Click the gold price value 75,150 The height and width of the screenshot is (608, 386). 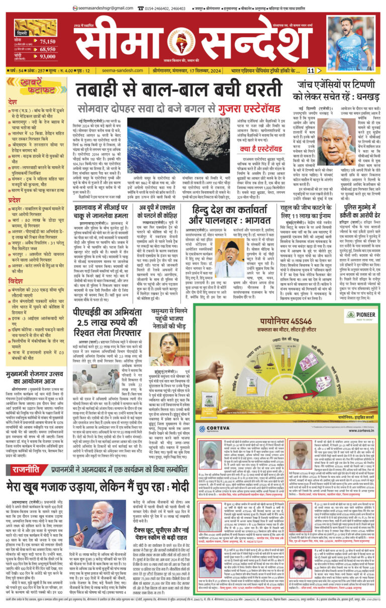47,42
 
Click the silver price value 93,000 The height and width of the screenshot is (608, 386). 47,58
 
